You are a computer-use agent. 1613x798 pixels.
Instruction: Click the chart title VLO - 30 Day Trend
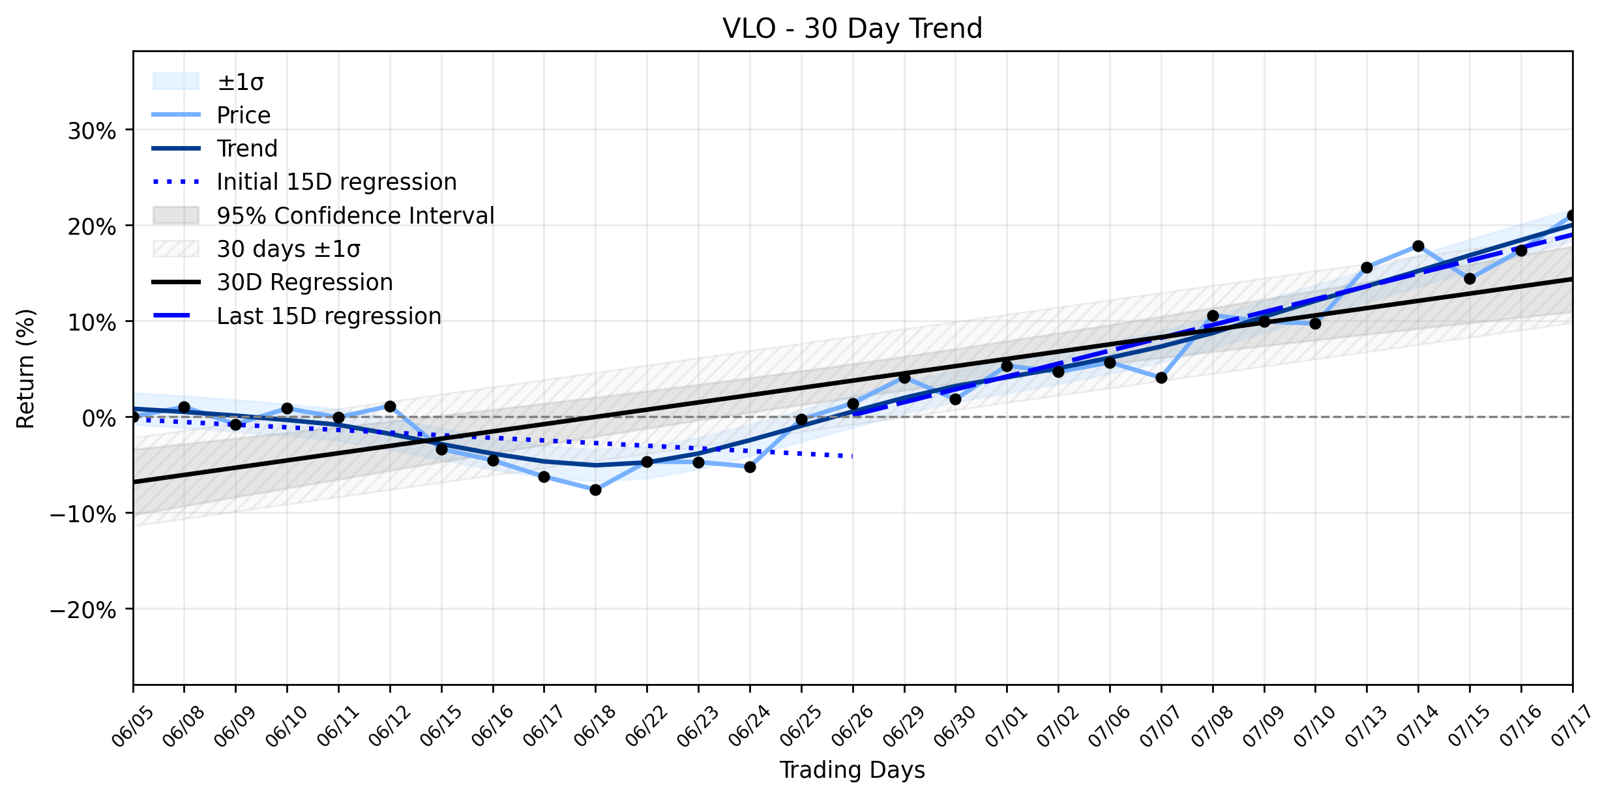pyautogui.click(x=852, y=29)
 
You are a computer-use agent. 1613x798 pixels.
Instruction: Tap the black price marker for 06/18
pyautogui.click(x=595, y=490)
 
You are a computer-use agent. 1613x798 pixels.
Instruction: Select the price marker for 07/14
pyautogui.click(x=1418, y=246)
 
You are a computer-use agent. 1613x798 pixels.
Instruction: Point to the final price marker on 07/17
pyautogui.click(x=1571, y=215)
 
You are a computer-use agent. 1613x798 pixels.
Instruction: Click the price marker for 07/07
pyautogui.click(x=1161, y=377)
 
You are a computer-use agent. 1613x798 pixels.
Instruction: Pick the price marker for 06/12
pyautogui.click(x=390, y=406)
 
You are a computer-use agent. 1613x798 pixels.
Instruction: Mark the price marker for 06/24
pyautogui.click(x=750, y=467)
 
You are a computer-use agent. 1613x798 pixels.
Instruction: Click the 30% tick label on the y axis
pyautogui.click(x=92, y=131)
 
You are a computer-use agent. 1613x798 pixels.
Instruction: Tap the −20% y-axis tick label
pyautogui.click(x=83, y=610)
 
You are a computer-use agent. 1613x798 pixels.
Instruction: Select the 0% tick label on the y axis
pyautogui.click(x=100, y=419)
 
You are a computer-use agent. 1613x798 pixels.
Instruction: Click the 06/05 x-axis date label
pyautogui.click(x=133, y=726)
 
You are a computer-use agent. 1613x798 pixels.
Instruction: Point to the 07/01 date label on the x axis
pyautogui.click(x=1006, y=726)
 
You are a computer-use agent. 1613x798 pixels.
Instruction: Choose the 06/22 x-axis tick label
pyautogui.click(x=646, y=726)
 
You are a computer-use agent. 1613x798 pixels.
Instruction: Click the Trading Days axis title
pyautogui.click(x=852, y=770)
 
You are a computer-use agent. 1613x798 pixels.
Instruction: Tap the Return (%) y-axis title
pyautogui.click(x=25, y=368)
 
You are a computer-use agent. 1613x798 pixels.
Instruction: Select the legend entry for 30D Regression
pyautogui.click(x=305, y=282)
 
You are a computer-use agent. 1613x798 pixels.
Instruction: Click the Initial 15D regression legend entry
pyautogui.click(x=336, y=182)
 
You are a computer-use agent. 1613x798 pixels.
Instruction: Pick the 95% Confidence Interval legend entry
pyautogui.click(x=355, y=215)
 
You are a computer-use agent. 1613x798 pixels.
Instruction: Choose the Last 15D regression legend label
pyautogui.click(x=329, y=316)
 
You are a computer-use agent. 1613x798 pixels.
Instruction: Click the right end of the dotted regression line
pyautogui.click(x=852, y=456)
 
